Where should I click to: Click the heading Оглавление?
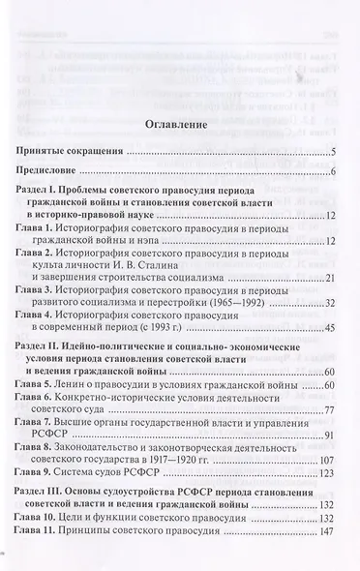(x=181, y=125)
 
